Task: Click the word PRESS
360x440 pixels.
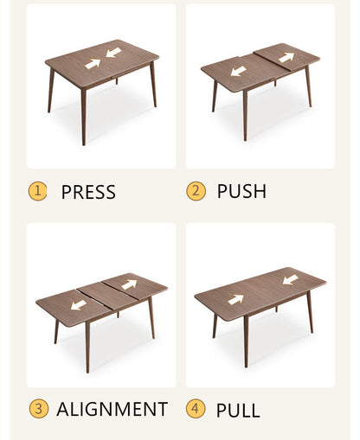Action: (87, 192)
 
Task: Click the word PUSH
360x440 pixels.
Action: (241, 191)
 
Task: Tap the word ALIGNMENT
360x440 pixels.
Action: (112, 409)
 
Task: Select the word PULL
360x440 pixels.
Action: (237, 410)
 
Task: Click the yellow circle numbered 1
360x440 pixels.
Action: (38, 191)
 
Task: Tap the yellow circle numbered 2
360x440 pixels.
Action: (196, 191)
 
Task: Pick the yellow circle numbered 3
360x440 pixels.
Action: (38, 409)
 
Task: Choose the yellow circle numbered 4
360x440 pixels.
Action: (196, 409)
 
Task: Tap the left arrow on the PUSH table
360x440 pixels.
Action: (238, 71)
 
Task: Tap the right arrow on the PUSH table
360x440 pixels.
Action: (286, 58)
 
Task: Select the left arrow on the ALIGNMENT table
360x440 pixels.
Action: (79, 304)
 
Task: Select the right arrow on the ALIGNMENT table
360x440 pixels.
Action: (129, 284)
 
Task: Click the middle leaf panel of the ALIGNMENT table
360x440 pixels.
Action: (104, 297)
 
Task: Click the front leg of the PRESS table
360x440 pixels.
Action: (84, 116)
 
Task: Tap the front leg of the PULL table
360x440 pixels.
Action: (245, 341)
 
